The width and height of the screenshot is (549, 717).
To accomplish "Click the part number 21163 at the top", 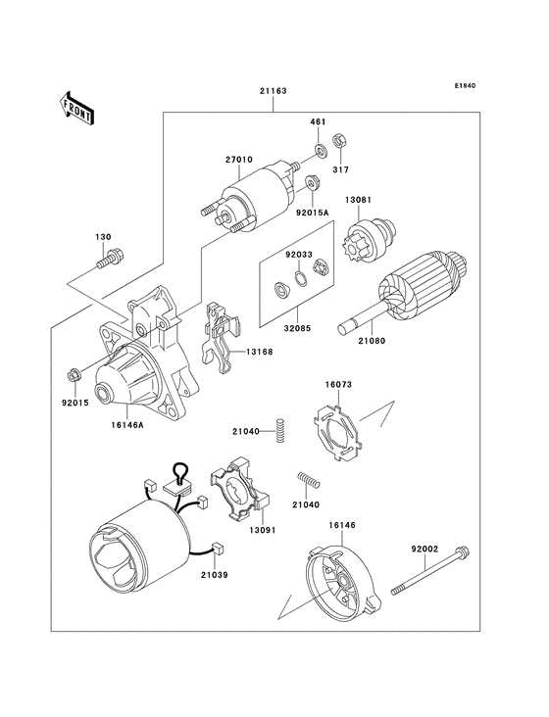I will click(273, 92).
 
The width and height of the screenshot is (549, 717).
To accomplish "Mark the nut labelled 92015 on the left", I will click(74, 374).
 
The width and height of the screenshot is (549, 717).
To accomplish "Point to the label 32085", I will click(299, 329).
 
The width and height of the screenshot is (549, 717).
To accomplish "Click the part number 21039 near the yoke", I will click(217, 575).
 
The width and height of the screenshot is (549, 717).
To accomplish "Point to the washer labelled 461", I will click(322, 150).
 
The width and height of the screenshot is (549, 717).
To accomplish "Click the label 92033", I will click(299, 255).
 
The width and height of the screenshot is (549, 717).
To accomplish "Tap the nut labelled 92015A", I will click(311, 183).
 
